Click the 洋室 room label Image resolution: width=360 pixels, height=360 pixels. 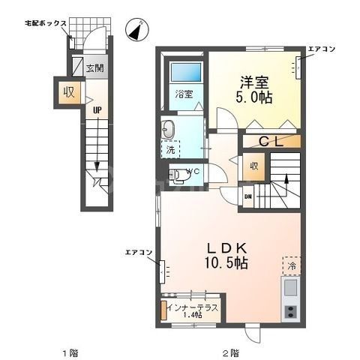click(x=253, y=82)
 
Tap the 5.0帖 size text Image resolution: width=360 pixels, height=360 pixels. click(x=254, y=98)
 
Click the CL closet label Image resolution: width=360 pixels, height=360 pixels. click(x=271, y=141)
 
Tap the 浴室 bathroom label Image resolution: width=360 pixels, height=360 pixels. click(x=184, y=94)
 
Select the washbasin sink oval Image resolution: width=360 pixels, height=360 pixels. click(x=169, y=129)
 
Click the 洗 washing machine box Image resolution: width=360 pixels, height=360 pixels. click(x=170, y=149)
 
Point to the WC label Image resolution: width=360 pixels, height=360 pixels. click(x=190, y=172)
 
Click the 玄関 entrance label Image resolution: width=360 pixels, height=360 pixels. click(x=94, y=68)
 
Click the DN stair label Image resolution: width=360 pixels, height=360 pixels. click(x=248, y=196)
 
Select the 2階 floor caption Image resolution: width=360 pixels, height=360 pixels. click(x=229, y=352)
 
